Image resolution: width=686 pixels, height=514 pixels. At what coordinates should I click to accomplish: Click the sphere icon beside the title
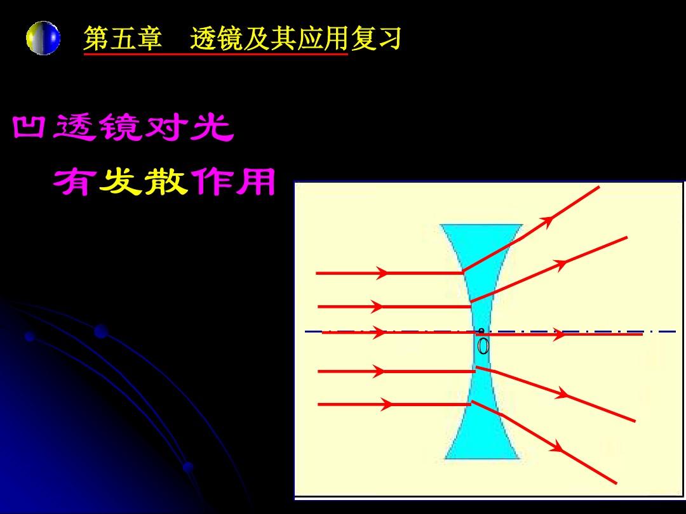point(43,38)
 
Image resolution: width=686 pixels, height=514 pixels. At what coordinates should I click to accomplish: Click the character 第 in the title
point(97,39)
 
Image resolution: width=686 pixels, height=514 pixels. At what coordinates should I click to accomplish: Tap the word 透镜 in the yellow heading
point(217,39)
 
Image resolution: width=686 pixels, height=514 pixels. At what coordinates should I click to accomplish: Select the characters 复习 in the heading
point(375,39)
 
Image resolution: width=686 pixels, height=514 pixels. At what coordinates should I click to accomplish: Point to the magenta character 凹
point(29,127)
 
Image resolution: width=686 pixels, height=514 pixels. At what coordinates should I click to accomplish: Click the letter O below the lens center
point(483,346)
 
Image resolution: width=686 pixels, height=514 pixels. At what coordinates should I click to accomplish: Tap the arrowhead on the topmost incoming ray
point(382,273)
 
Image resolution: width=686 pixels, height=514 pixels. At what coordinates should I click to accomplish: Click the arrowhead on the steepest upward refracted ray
point(546,221)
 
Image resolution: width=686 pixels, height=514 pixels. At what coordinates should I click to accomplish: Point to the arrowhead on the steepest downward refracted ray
point(557,447)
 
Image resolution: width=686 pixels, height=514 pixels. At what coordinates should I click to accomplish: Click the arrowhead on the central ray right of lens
point(560,334)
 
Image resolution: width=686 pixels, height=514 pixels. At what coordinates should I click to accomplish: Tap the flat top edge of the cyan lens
point(481,225)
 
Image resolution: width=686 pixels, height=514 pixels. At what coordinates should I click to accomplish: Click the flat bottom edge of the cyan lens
point(482,458)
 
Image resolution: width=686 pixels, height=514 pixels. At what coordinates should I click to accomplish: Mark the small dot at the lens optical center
point(481,331)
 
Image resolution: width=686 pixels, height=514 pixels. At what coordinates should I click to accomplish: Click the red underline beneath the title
point(216,54)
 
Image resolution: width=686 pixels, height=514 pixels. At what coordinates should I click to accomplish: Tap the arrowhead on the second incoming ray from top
point(376,306)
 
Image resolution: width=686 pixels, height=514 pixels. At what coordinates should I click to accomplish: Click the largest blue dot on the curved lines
point(101,331)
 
